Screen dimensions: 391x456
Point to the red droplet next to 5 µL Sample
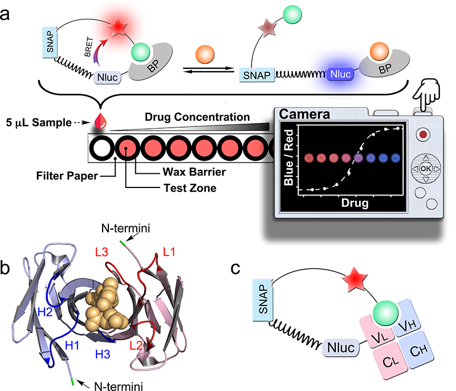point(103,121)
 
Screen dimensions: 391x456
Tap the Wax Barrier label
point(170,170)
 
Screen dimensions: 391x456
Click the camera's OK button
point(426,169)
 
